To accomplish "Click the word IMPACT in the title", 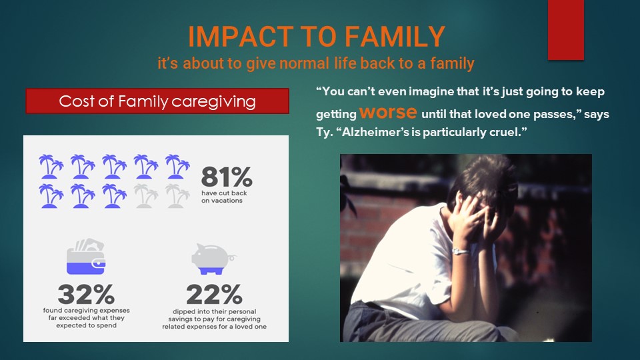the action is click(x=241, y=36).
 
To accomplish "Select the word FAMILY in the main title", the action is click(x=395, y=36).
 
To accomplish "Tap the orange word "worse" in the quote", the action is click(x=388, y=112).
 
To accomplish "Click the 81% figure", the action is click(x=227, y=177).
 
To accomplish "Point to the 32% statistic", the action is click(x=86, y=294).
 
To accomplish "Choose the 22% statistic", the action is click(x=214, y=294).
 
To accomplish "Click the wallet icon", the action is click(x=86, y=256).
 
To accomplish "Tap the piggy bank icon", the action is click(x=213, y=259).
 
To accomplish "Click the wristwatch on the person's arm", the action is click(x=461, y=251).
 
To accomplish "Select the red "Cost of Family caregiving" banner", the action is click(x=157, y=101).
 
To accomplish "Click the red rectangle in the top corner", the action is click(x=566, y=30).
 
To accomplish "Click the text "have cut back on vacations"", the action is click(x=224, y=197).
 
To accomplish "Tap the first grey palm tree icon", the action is click(x=146, y=196).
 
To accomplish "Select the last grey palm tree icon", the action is click(x=177, y=196).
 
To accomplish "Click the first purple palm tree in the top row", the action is click(x=51, y=167).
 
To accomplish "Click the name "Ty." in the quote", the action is click(x=325, y=133).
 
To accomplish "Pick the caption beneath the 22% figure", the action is click(x=214, y=319).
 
